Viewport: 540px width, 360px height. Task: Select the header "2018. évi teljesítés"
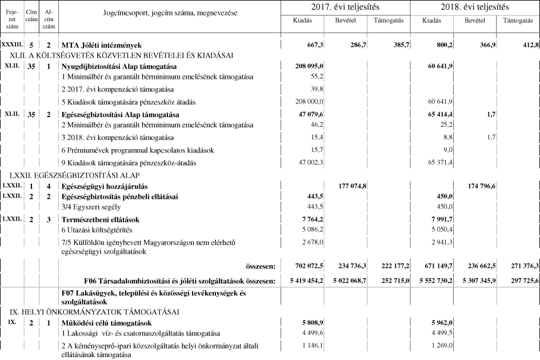pyautogui.click(x=475, y=7)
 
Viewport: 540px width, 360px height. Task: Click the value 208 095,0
pyautogui.click(x=309, y=66)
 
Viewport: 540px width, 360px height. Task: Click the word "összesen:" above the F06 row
pyautogui.click(x=260, y=266)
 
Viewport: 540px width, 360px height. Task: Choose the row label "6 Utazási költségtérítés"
pyautogui.click(x=97, y=230)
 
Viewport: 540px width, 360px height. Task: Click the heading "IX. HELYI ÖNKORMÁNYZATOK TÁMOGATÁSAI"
pyautogui.click(x=94, y=312)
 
